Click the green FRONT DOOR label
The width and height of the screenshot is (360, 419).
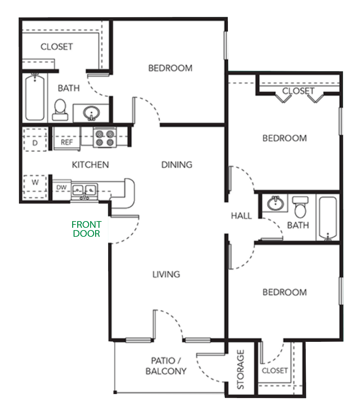tap(87, 229)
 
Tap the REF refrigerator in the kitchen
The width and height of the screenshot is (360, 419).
tap(67, 139)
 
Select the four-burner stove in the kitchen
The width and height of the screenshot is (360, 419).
tap(105, 137)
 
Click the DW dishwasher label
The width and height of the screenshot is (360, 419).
tap(61, 187)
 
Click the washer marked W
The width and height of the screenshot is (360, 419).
tap(35, 187)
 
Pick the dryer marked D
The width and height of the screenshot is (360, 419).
tap(35, 140)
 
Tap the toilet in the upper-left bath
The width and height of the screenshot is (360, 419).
tap(60, 110)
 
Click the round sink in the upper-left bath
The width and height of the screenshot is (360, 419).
tap(91, 113)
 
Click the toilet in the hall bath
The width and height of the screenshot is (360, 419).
tap(300, 207)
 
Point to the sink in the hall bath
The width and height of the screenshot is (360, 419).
tap(275, 203)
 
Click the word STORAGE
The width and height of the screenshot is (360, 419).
tap(241, 369)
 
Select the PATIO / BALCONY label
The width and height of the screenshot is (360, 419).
tap(166, 366)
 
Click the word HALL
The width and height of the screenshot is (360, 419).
tap(241, 216)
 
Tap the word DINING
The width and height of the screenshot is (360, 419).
tap(177, 165)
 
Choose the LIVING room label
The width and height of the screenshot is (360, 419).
tap(166, 274)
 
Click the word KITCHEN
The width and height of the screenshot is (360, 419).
tap(90, 165)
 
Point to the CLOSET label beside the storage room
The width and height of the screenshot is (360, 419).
tap(274, 371)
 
